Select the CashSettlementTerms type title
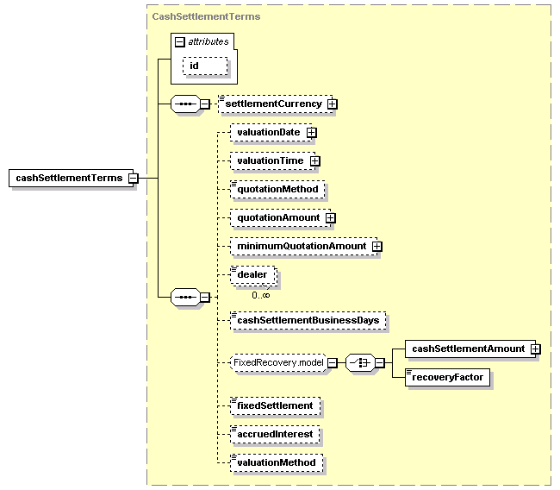click(x=206, y=16)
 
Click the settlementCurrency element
click(x=273, y=104)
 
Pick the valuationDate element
click(x=268, y=132)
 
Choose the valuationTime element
click(x=270, y=160)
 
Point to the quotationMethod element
click(x=277, y=189)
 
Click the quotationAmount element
click(x=278, y=217)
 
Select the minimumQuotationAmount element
click(x=301, y=246)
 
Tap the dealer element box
click(x=252, y=274)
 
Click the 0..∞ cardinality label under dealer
click(x=261, y=295)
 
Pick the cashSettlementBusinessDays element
click(x=308, y=320)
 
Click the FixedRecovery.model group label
click(x=277, y=362)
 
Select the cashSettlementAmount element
click(x=468, y=349)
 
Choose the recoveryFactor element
click(x=448, y=377)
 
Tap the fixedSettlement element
click(x=275, y=405)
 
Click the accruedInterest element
click(x=276, y=433)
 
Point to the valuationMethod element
click(x=277, y=462)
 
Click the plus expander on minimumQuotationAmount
click(x=376, y=247)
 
